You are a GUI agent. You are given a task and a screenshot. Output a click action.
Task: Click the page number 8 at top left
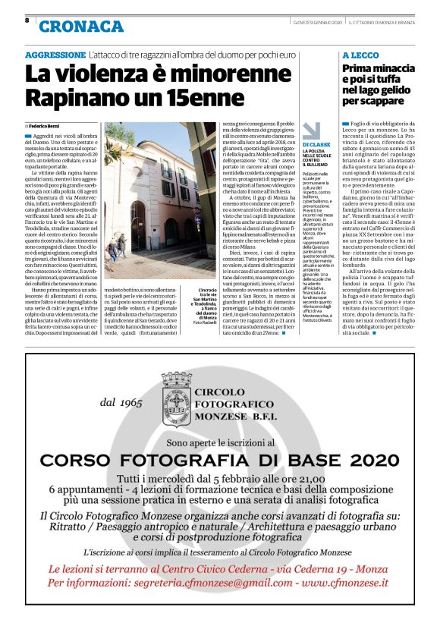pos(27,21)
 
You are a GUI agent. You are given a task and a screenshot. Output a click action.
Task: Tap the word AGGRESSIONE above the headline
pos(55,55)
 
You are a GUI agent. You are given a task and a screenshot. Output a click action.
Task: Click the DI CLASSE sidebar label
pos(316,144)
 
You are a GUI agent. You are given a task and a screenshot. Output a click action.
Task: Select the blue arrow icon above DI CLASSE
pos(312,130)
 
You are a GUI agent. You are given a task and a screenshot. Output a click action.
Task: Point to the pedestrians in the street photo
pos(116,247)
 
